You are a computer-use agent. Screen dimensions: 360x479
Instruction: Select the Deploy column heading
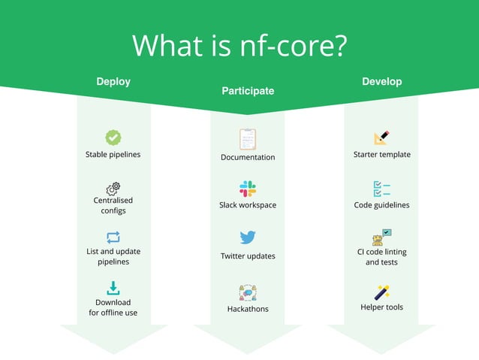coord(113,81)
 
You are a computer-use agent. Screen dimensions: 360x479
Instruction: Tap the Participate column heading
coord(248,91)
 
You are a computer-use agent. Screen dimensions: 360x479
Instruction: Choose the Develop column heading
coord(381,81)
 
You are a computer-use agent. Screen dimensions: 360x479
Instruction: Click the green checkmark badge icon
coord(113,138)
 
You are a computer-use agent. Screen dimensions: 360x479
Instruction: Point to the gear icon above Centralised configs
coord(113,188)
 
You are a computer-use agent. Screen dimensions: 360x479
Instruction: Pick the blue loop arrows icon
coord(113,237)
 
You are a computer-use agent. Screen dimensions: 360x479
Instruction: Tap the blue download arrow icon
coord(113,288)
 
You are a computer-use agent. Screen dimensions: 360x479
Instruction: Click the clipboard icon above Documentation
coord(248,139)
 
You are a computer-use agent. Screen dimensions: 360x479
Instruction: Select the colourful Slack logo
coord(248,189)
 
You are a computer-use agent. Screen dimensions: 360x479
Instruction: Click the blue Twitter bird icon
coord(248,237)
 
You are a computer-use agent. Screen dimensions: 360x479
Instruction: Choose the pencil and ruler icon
coord(381,138)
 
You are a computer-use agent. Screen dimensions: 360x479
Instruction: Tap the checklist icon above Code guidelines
coord(381,189)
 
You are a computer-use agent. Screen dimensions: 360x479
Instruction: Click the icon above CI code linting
coord(381,237)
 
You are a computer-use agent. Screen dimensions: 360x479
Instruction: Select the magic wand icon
coord(381,292)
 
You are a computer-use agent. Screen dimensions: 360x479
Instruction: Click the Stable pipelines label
coord(113,155)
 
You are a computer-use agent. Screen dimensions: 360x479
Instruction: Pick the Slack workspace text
coord(248,205)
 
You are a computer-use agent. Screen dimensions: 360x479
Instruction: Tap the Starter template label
coord(381,155)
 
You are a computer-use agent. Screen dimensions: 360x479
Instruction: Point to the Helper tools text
coord(381,307)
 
